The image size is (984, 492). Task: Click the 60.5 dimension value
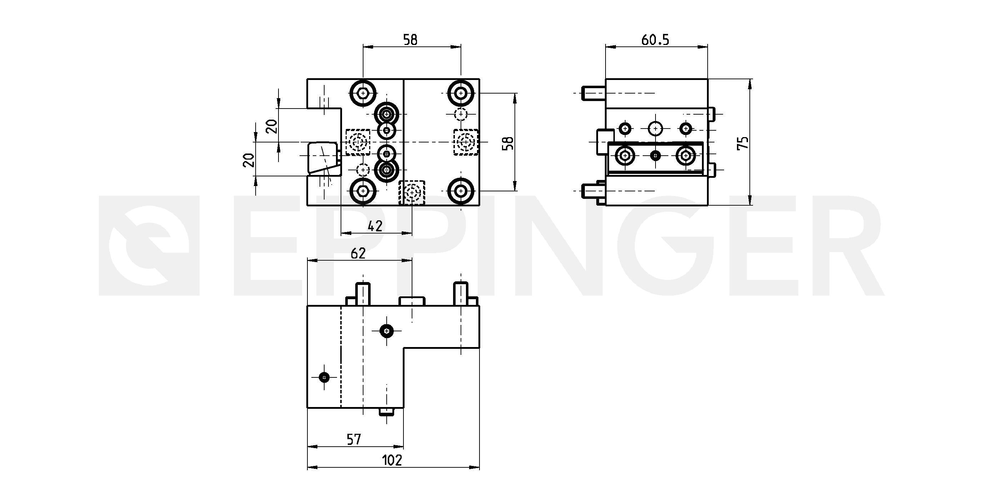[655, 40]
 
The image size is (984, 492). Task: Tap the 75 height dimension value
[743, 142]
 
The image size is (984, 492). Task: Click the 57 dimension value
[354, 440]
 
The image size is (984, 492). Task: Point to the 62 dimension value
[358, 253]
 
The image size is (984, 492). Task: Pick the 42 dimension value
[375, 226]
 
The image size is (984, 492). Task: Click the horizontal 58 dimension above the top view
[410, 40]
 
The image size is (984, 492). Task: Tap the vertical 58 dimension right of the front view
[508, 142]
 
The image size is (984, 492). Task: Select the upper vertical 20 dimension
[271, 126]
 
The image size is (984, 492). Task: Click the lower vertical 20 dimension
[248, 160]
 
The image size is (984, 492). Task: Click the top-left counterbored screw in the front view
[362, 93]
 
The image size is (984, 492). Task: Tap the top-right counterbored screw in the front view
[461, 93]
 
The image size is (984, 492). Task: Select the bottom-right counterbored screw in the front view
[461, 191]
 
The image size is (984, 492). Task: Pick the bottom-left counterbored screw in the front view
[362, 191]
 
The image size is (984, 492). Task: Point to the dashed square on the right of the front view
[466, 142]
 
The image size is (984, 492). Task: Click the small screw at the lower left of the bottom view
[324, 377]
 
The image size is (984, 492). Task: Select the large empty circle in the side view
[656, 128]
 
